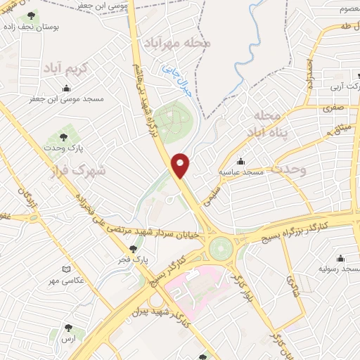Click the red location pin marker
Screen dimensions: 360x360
[181, 165]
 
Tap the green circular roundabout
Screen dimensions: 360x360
[220, 247]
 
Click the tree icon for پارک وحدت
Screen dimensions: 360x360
[64, 137]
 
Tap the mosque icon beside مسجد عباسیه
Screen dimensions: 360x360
[241, 161]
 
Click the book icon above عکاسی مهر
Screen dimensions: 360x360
[66, 269]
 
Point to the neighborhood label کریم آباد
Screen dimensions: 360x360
[67, 69]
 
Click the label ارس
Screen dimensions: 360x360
[68, 339]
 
